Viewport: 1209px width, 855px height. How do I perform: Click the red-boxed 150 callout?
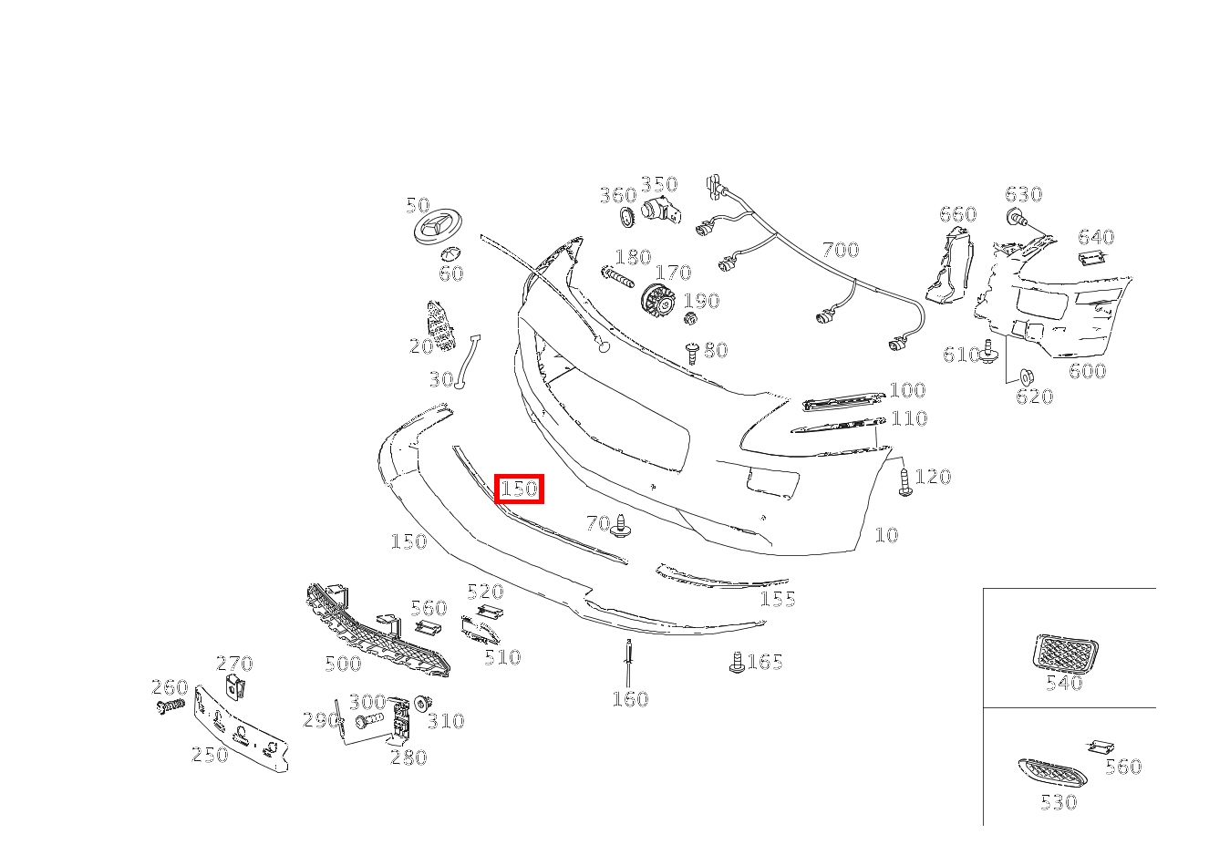[519, 489]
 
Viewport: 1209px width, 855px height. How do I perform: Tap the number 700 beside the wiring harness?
[841, 250]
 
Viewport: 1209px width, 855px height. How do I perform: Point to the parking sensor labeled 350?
[661, 211]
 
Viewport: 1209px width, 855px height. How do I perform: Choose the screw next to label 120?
[904, 481]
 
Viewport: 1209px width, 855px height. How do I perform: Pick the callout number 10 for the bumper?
[886, 535]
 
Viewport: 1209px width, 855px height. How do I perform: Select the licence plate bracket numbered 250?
[241, 728]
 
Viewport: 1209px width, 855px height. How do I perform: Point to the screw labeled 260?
[170, 706]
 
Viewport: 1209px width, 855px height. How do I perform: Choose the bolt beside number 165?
[736, 663]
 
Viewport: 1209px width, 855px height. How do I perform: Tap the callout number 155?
[778, 599]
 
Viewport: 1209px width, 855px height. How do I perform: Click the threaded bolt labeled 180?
[617, 278]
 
